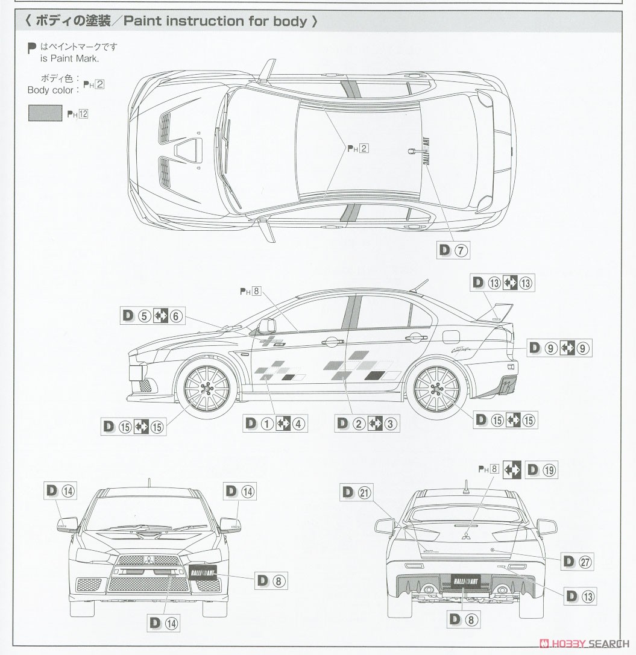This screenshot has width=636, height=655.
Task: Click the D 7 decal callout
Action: point(453,251)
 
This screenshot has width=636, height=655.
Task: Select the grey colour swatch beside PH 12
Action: point(45,113)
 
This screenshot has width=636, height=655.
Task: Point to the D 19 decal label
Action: point(541,470)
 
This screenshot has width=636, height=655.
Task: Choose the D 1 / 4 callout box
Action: point(274,424)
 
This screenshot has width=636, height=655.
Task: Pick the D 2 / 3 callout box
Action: point(367,424)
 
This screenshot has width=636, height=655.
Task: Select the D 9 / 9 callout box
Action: point(559,348)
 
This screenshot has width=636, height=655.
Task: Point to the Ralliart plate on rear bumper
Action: point(467,581)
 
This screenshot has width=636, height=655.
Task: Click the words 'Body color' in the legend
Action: point(53,90)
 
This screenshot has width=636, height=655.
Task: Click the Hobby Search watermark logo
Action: point(582,642)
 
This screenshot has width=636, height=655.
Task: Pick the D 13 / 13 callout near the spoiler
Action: point(503,283)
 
